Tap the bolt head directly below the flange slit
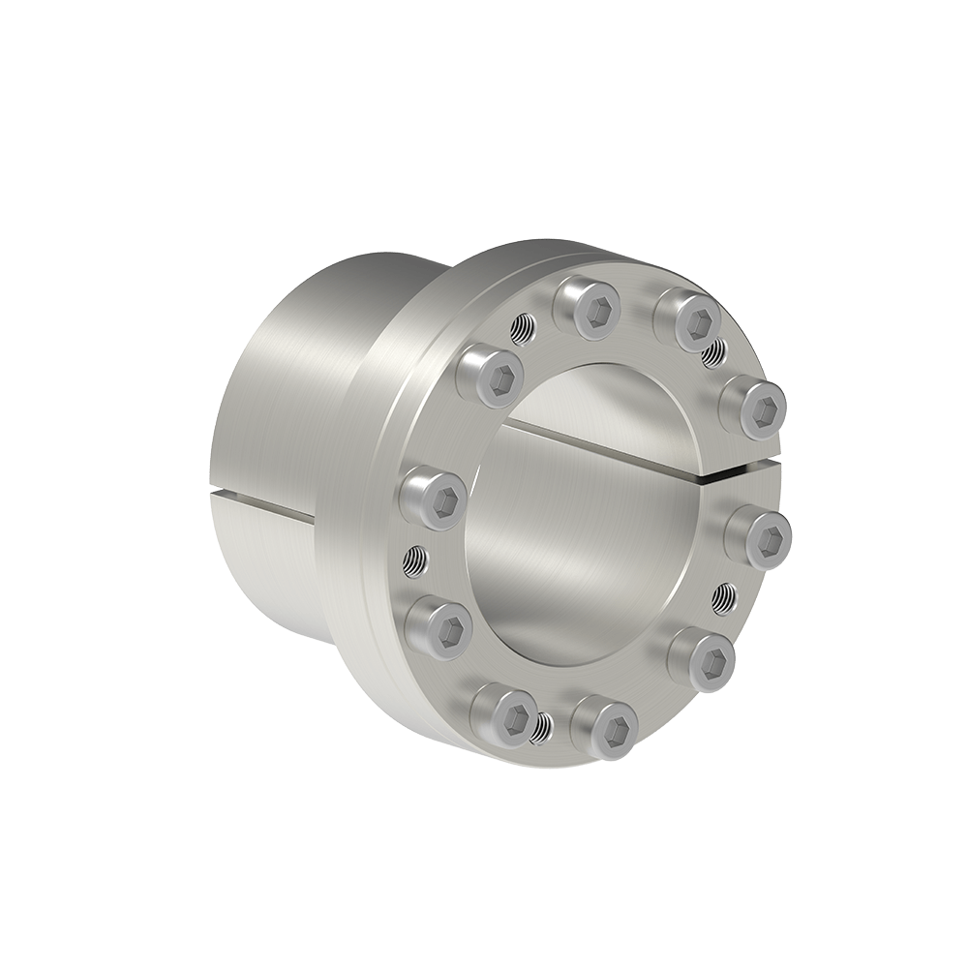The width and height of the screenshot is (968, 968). pos(759,531)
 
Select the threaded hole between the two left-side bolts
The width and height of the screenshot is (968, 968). pos(412,559)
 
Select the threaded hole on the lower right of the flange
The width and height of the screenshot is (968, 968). pos(722,597)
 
